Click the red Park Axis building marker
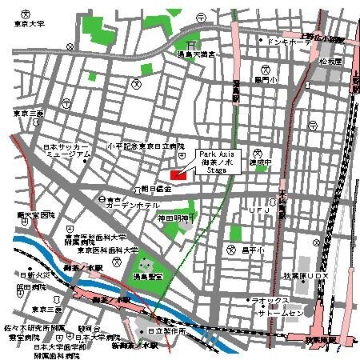(x=178, y=174)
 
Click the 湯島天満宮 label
(x=195, y=54)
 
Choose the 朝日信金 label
(x=156, y=189)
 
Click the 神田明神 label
(x=173, y=218)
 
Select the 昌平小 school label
(x=252, y=250)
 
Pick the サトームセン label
(x=281, y=314)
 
